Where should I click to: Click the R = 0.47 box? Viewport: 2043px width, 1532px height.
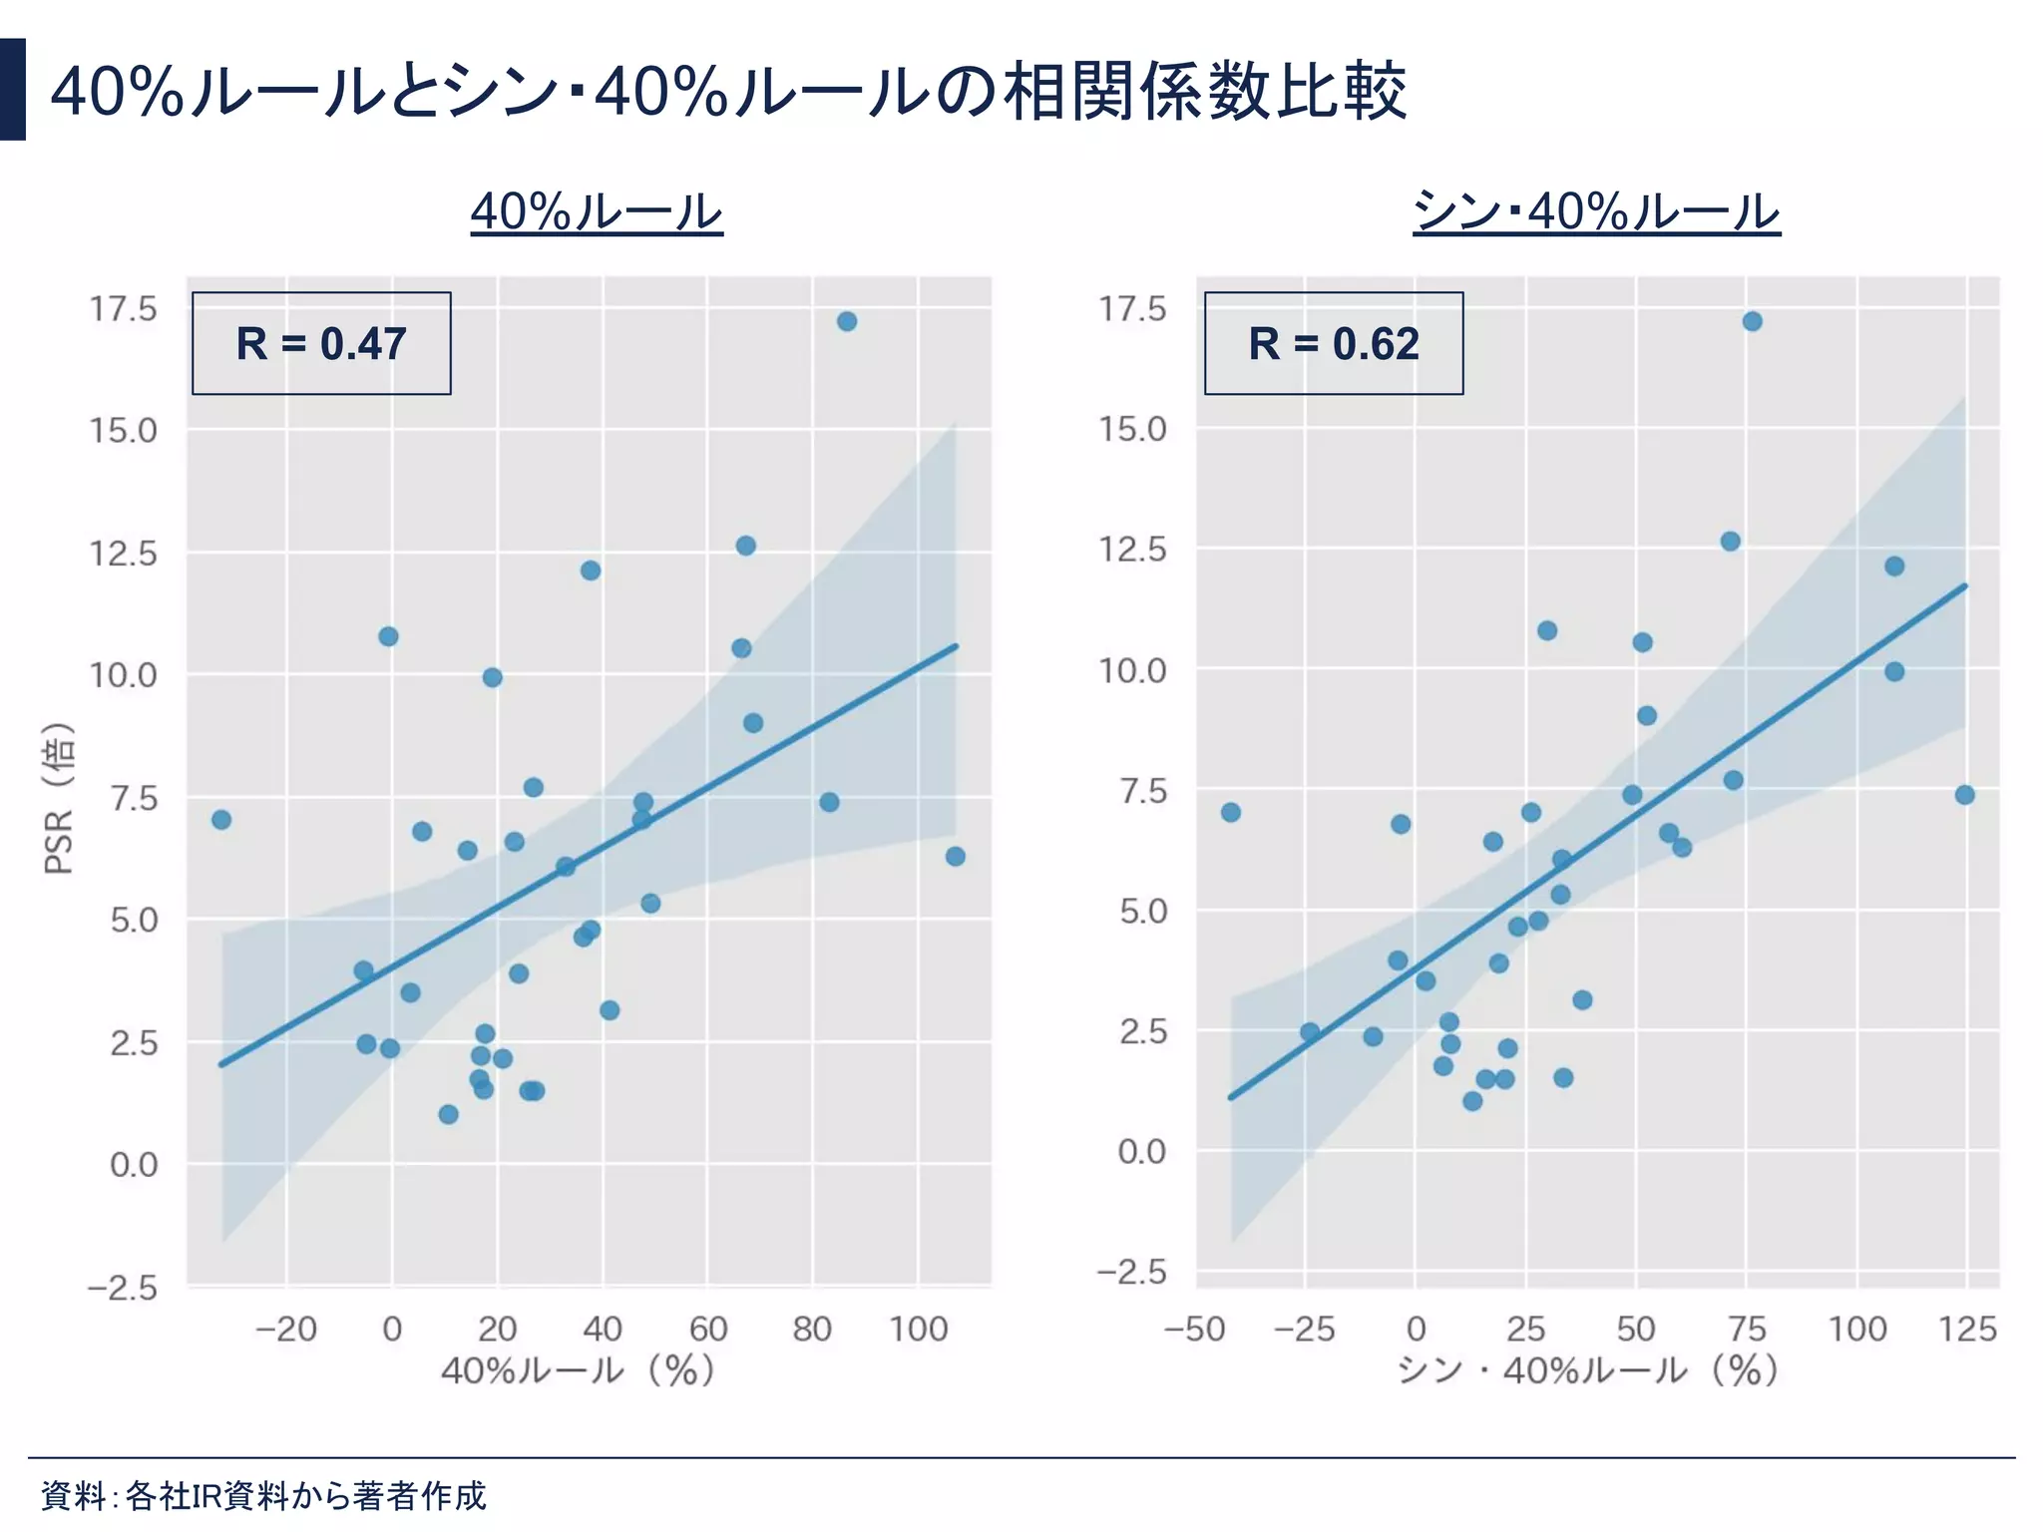[x=321, y=343]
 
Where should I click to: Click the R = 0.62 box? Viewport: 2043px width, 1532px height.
[x=1333, y=343]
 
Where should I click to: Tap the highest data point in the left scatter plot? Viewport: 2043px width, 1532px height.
[x=847, y=321]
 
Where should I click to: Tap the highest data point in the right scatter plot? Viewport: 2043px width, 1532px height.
[x=1752, y=321]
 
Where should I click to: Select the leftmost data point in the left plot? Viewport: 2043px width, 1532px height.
[x=221, y=820]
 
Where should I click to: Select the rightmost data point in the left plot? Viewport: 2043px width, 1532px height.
[x=955, y=857]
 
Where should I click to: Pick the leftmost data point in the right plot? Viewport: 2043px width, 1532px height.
[x=1231, y=813]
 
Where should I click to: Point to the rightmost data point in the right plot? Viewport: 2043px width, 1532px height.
[x=1964, y=795]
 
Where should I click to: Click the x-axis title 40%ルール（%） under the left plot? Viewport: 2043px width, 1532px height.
[x=579, y=1370]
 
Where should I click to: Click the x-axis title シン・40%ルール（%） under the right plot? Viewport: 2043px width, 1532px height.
[x=1588, y=1370]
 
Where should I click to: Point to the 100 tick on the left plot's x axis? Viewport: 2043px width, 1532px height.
[x=918, y=1330]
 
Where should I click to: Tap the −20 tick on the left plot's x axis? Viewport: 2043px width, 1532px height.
[x=285, y=1330]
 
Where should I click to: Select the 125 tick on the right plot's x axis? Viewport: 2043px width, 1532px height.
[x=1966, y=1330]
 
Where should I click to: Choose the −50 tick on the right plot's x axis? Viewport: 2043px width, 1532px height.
[x=1194, y=1330]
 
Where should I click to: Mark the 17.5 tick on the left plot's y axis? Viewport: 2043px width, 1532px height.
[x=124, y=309]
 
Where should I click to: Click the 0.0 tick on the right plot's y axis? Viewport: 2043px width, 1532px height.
[x=1141, y=1152]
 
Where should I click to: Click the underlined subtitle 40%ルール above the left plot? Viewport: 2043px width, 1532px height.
[x=597, y=211]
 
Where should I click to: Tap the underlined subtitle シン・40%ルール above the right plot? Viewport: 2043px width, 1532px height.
[x=1596, y=211]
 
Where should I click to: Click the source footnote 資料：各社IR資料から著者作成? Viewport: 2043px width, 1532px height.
[x=263, y=1495]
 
